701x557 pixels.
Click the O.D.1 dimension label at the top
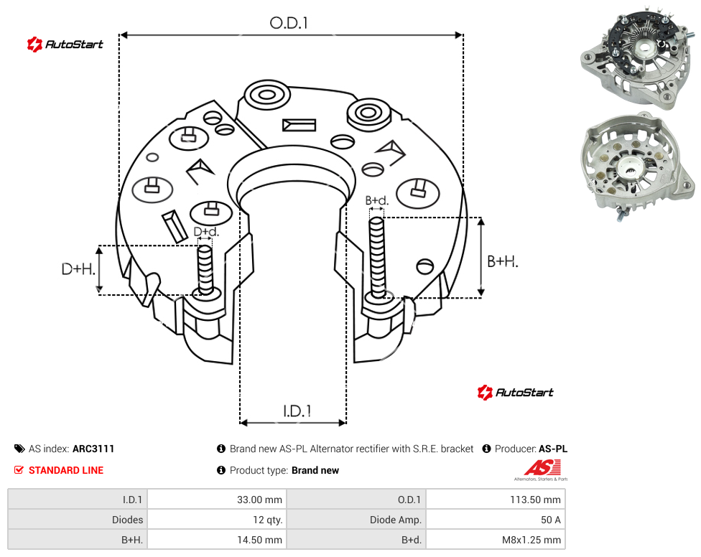289,23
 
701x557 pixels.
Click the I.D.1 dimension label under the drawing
297,411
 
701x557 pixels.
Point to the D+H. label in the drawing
78,269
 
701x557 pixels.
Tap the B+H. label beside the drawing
503,261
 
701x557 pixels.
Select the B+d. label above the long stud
377,200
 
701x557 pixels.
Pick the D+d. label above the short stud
206,232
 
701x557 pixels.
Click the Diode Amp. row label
395,520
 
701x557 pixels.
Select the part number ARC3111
93,449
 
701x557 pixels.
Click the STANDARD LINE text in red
66,470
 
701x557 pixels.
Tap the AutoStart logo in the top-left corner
65,45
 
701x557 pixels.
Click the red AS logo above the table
542,470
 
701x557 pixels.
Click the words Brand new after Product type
315,470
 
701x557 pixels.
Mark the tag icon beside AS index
19,449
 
